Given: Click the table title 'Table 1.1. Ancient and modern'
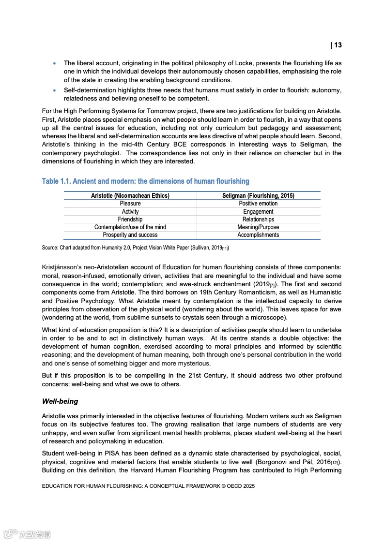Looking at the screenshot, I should tap(145, 181).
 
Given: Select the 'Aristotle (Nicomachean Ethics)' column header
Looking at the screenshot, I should tap(130, 196).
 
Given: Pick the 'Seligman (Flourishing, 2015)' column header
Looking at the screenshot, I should tap(258, 196).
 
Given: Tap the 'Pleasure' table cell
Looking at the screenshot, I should tap(130, 204).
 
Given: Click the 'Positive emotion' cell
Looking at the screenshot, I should tap(258, 204).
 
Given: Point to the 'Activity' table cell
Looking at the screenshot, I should tap(130, 211).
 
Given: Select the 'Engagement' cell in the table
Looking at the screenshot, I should tap(258, 211).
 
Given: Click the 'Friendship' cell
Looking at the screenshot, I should tap(130, 219).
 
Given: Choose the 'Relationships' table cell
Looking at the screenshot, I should tap(258, 219).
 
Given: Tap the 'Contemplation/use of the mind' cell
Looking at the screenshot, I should tap(130, 227).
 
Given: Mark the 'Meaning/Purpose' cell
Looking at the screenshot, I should tap(258, 227).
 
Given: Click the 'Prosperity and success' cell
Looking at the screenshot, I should tap(130, 234).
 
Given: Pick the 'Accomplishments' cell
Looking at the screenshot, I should tap(258, 234).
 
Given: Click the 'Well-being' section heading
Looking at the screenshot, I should tap(60, 401).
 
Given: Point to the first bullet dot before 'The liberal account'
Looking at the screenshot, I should tap(54, 63).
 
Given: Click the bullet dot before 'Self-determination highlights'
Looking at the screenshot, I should tap(54, 90).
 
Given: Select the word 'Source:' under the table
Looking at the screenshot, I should tap(50, 248).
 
